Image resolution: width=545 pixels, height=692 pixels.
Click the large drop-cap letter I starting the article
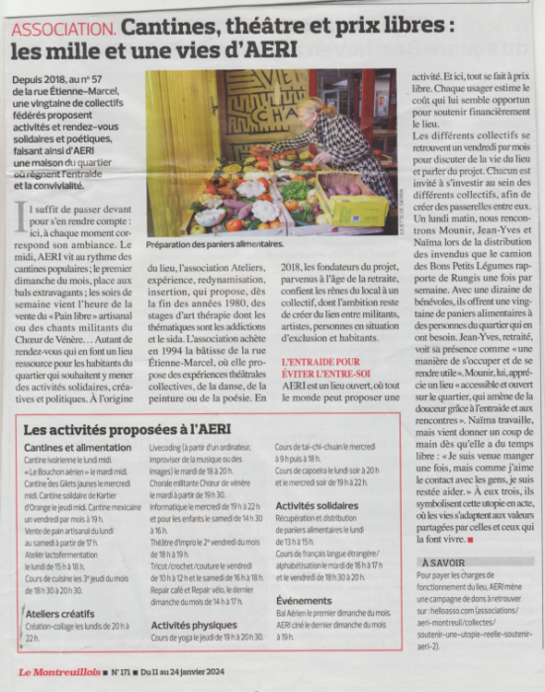coord(24,213)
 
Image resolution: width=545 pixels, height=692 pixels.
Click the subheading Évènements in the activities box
coord(305,600)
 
